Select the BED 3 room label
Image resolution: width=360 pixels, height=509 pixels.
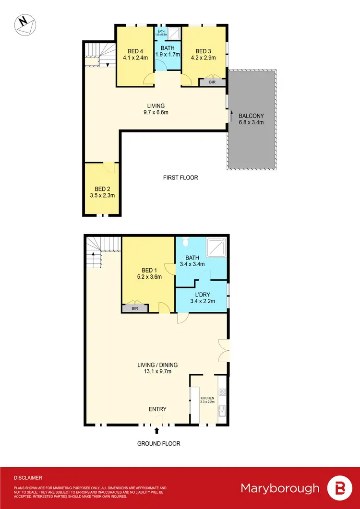[204, 51]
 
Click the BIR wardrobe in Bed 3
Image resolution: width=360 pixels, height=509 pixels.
[211, 83]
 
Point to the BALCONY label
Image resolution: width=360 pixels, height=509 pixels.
[252, 116]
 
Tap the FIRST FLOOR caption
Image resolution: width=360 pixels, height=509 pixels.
[180, 178]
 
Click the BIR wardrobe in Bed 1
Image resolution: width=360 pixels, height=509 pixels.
[134, 308]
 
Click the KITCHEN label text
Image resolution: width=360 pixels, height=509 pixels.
[207, 398]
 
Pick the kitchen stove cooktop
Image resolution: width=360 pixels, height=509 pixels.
[222, 392]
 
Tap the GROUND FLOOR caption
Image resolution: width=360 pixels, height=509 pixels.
[159, 444]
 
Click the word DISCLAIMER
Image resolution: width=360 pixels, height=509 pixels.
[28, 478]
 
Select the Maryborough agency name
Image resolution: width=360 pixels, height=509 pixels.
[280, 488]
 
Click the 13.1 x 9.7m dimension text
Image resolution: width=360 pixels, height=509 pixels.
[157, 371]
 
